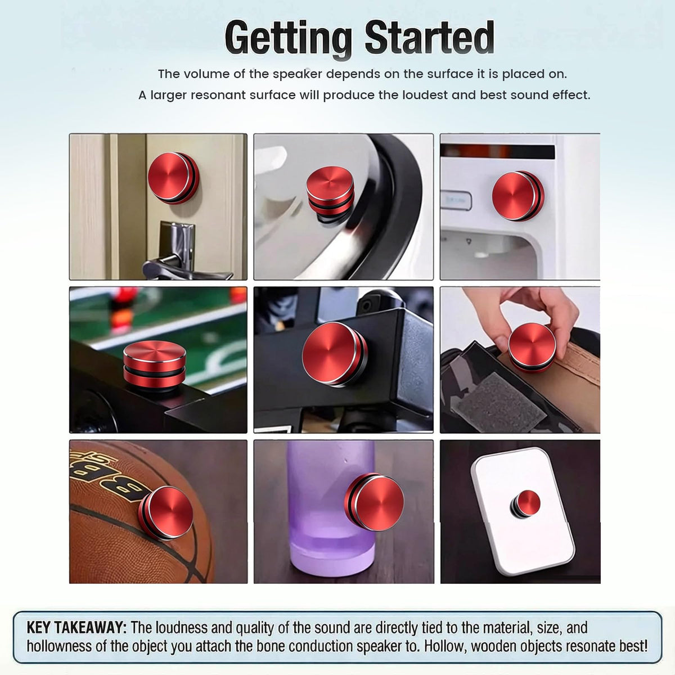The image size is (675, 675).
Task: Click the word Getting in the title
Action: point(288,39)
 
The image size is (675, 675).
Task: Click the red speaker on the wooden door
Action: point(173,178)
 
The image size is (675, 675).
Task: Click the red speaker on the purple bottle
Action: point(373,502)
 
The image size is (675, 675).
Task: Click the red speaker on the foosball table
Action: point(155,365)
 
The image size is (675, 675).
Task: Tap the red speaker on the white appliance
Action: point(518,196)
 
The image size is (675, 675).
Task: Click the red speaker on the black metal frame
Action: point(335,354)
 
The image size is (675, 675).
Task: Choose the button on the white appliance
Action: point(456,201)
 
